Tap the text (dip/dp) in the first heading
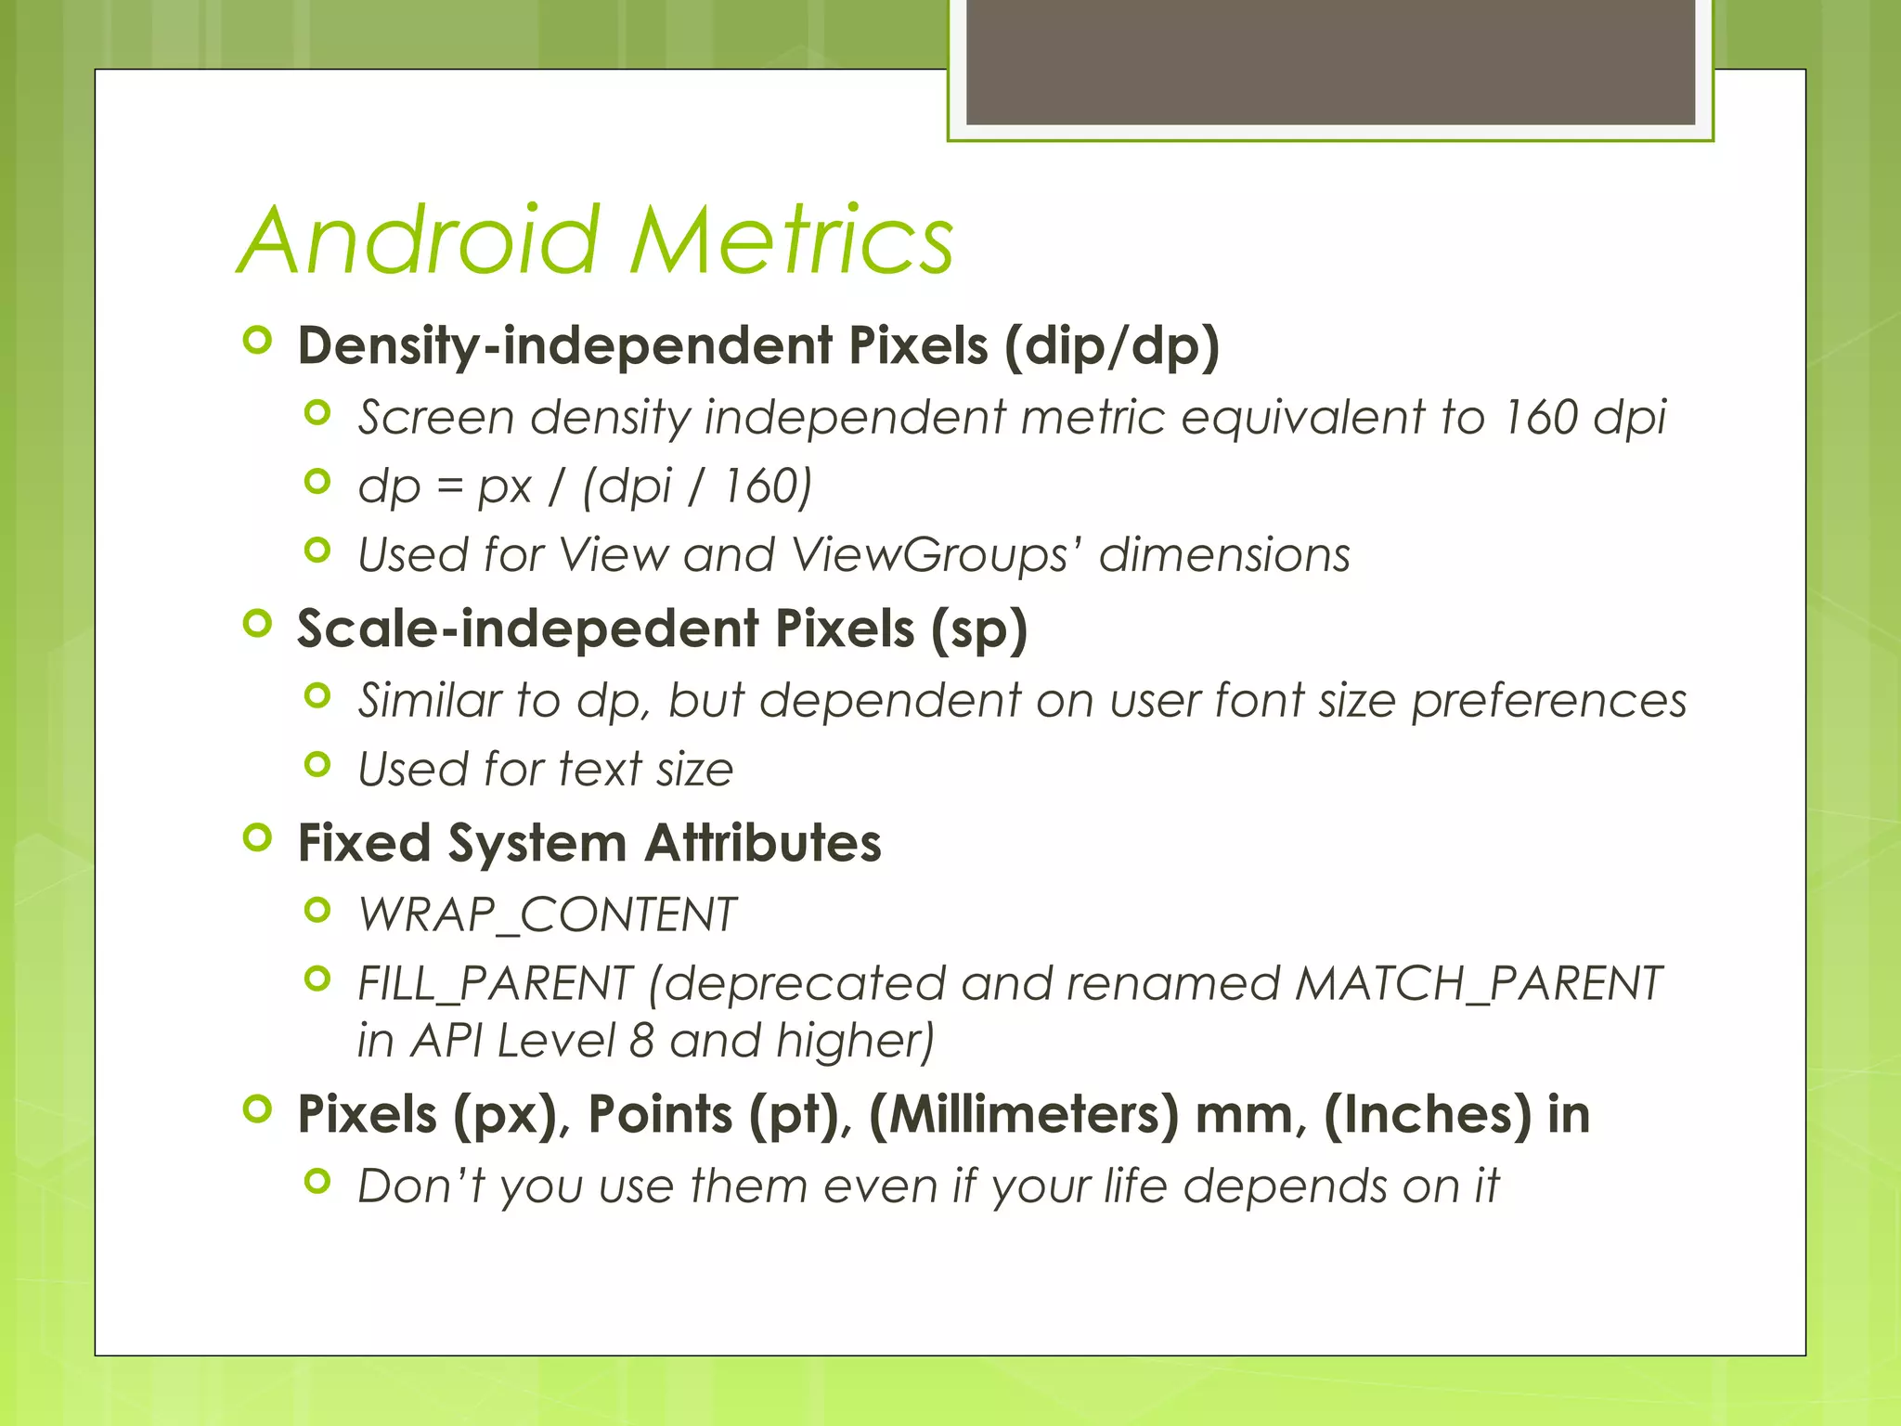[1111, 345]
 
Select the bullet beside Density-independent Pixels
[257, 341]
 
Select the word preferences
[1548, 700]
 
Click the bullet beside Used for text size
[317, 765]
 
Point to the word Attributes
[763, 843]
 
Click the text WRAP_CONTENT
[548, 914]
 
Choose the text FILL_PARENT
[495, 984]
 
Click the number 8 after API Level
[641, 1041]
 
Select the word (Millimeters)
[1024, 1114]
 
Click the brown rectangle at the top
[1330, 61]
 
